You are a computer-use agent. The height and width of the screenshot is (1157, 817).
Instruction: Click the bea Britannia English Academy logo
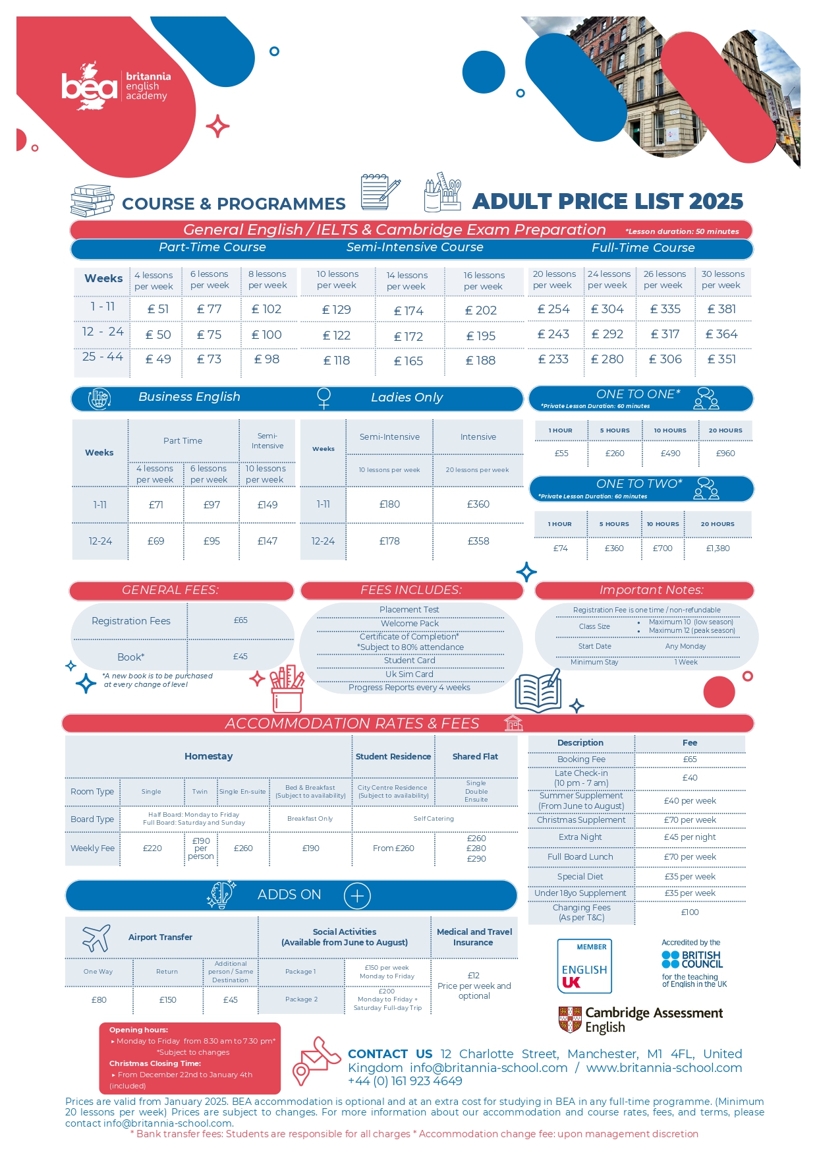pyautogui.click(x=115, y=86)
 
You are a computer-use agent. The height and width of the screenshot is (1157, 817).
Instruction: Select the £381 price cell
pyautogui.click(x=721, y=309)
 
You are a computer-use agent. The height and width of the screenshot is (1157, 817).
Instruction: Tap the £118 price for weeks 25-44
pyautogui.click(x=337, y=361)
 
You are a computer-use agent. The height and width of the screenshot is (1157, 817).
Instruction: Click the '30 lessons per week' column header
pyautogui.click(x=723, y=280)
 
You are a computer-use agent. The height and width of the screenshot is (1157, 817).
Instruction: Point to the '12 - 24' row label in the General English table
pyautogui.click(x=103, y=332)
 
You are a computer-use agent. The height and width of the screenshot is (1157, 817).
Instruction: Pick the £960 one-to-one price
pyautogui.click(x=725, y=454)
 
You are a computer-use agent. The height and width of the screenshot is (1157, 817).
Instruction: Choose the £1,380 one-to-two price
pyautogui.click(x=718, y=549)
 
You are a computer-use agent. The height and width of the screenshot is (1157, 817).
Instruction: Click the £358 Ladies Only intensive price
pyautogui.click(x=478, y=541)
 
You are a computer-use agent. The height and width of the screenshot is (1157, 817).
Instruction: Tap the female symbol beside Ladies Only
pyautogui.click(x=324, y=398)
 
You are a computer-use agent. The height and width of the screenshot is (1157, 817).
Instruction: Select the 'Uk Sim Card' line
pyautogui.click(x=409, y=674)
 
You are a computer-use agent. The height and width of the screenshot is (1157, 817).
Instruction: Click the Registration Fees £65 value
pyautogui.click(x=240, y=620)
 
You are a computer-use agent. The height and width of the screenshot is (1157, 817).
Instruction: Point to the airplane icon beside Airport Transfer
pyautogui.click(x=96, y=937)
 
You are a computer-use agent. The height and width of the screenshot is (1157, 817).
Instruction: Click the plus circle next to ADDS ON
pyautogui.click(x=357, y=895)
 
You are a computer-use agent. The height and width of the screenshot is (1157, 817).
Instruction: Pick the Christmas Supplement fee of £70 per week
pyautogui.click(x=690, y=820)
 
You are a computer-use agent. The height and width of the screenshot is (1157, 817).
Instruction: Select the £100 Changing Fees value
pyautogui.click(x=690, y=912)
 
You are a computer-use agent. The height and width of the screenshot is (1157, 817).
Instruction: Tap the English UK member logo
pyautogui.click(x=584, y=966)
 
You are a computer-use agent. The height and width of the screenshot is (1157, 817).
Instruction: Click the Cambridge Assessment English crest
pyautogui.click(x=570, y=1019)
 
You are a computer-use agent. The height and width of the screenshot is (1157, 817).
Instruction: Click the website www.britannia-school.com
pyautogui.click(x=664, y=1068)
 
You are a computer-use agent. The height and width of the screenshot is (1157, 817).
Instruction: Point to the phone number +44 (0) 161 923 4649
pyautogui.click(x=405, y=1081)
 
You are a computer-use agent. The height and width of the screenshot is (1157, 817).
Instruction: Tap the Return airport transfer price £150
pyautogui.click(x=168, y=1000)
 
